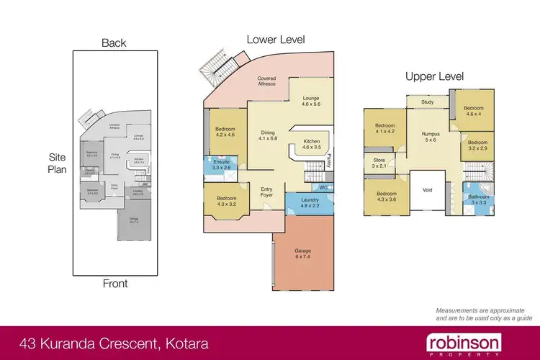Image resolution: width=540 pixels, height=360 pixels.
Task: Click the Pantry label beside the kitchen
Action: coord(329,158)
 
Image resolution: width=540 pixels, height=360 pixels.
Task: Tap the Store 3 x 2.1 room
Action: coord(379,163)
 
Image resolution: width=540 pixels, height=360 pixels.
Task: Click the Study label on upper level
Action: coord(428,102)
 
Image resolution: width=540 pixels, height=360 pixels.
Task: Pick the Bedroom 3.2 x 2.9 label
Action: coord(478,146)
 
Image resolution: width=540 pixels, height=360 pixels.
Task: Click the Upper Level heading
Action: coord(434,76)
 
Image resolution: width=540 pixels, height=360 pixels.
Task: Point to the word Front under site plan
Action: coord(114,283)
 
